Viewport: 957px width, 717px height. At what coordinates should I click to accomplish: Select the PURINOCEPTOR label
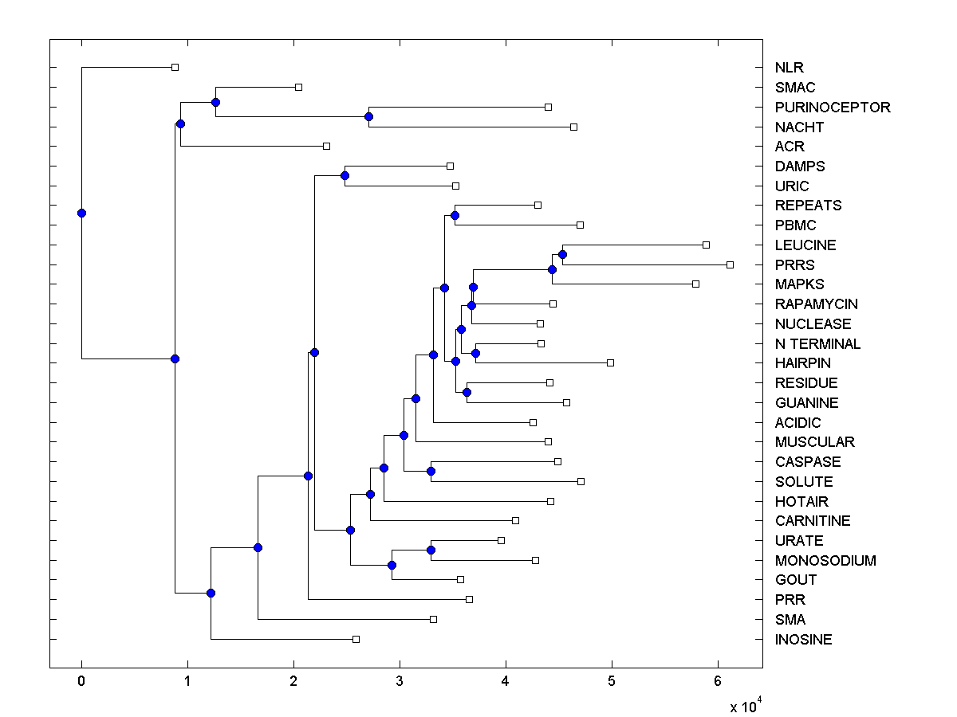[833, 107]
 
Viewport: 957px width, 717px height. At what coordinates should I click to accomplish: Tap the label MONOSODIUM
[825, 560]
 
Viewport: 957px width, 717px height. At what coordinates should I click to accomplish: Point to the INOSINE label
[803, 639]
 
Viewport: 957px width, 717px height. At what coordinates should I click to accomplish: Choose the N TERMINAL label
[817, 343]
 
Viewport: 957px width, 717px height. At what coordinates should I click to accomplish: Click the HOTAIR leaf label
[801, 501]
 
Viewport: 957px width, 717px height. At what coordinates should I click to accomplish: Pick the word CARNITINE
[813, 520]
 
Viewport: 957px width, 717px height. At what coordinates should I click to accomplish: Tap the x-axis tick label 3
[400, 681]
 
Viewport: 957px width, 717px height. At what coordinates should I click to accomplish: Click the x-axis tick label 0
[81, 681]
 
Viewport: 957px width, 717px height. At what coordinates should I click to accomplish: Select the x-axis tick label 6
[718, 681]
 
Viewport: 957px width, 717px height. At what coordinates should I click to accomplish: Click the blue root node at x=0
[81, 213]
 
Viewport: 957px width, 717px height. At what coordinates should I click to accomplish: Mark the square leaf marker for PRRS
[730, 264]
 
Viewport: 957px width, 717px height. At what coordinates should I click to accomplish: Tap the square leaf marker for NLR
[175, 68]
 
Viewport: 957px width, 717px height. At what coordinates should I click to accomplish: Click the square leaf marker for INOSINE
[356, 639]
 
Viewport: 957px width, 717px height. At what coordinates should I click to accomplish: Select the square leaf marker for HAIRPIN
[611, 362]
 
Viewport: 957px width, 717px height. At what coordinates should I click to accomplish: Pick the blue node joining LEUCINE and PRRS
[562, 255]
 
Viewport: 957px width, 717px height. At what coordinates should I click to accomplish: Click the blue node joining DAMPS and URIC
[345, 175]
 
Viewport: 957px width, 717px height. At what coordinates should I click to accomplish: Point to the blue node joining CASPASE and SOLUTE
[431, 471]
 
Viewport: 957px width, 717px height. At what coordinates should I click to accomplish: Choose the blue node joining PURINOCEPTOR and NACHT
[368, 116]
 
